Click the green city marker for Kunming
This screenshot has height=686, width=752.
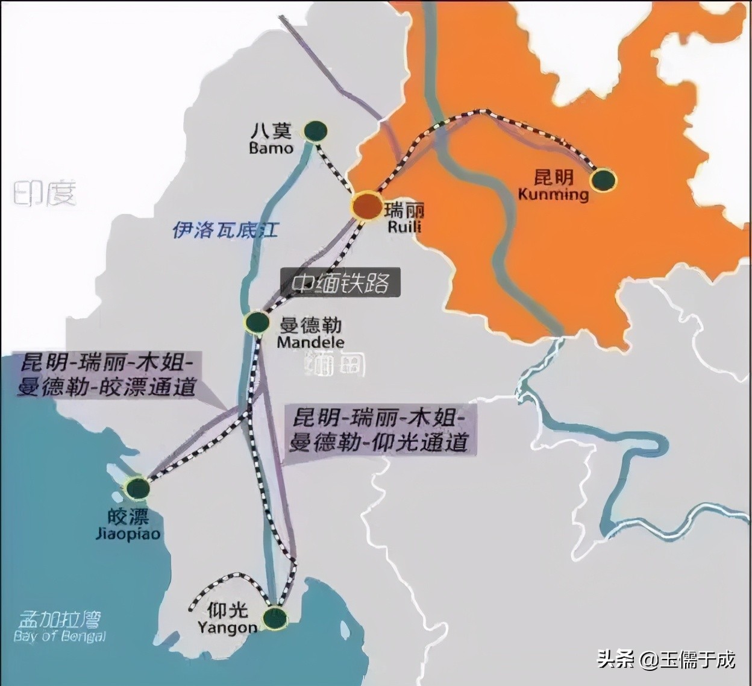coord(604,180)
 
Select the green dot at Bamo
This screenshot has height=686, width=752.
coord(315,130)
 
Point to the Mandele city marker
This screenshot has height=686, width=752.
coord(257,322)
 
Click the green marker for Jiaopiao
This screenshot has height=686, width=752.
coord(137,488)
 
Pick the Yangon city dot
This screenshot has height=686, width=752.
coord(275,618)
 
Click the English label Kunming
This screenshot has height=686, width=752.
coord(553,194)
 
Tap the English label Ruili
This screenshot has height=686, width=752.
coord(404,227)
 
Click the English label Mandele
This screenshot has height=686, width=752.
coord(310,342)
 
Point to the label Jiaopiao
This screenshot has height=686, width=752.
coord(128,533)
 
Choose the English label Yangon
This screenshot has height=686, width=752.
coord(227,628)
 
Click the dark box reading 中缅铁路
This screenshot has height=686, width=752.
coord(340,283)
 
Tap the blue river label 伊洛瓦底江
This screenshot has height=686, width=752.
coord(225,229)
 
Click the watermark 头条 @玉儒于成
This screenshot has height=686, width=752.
coord(666,659)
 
